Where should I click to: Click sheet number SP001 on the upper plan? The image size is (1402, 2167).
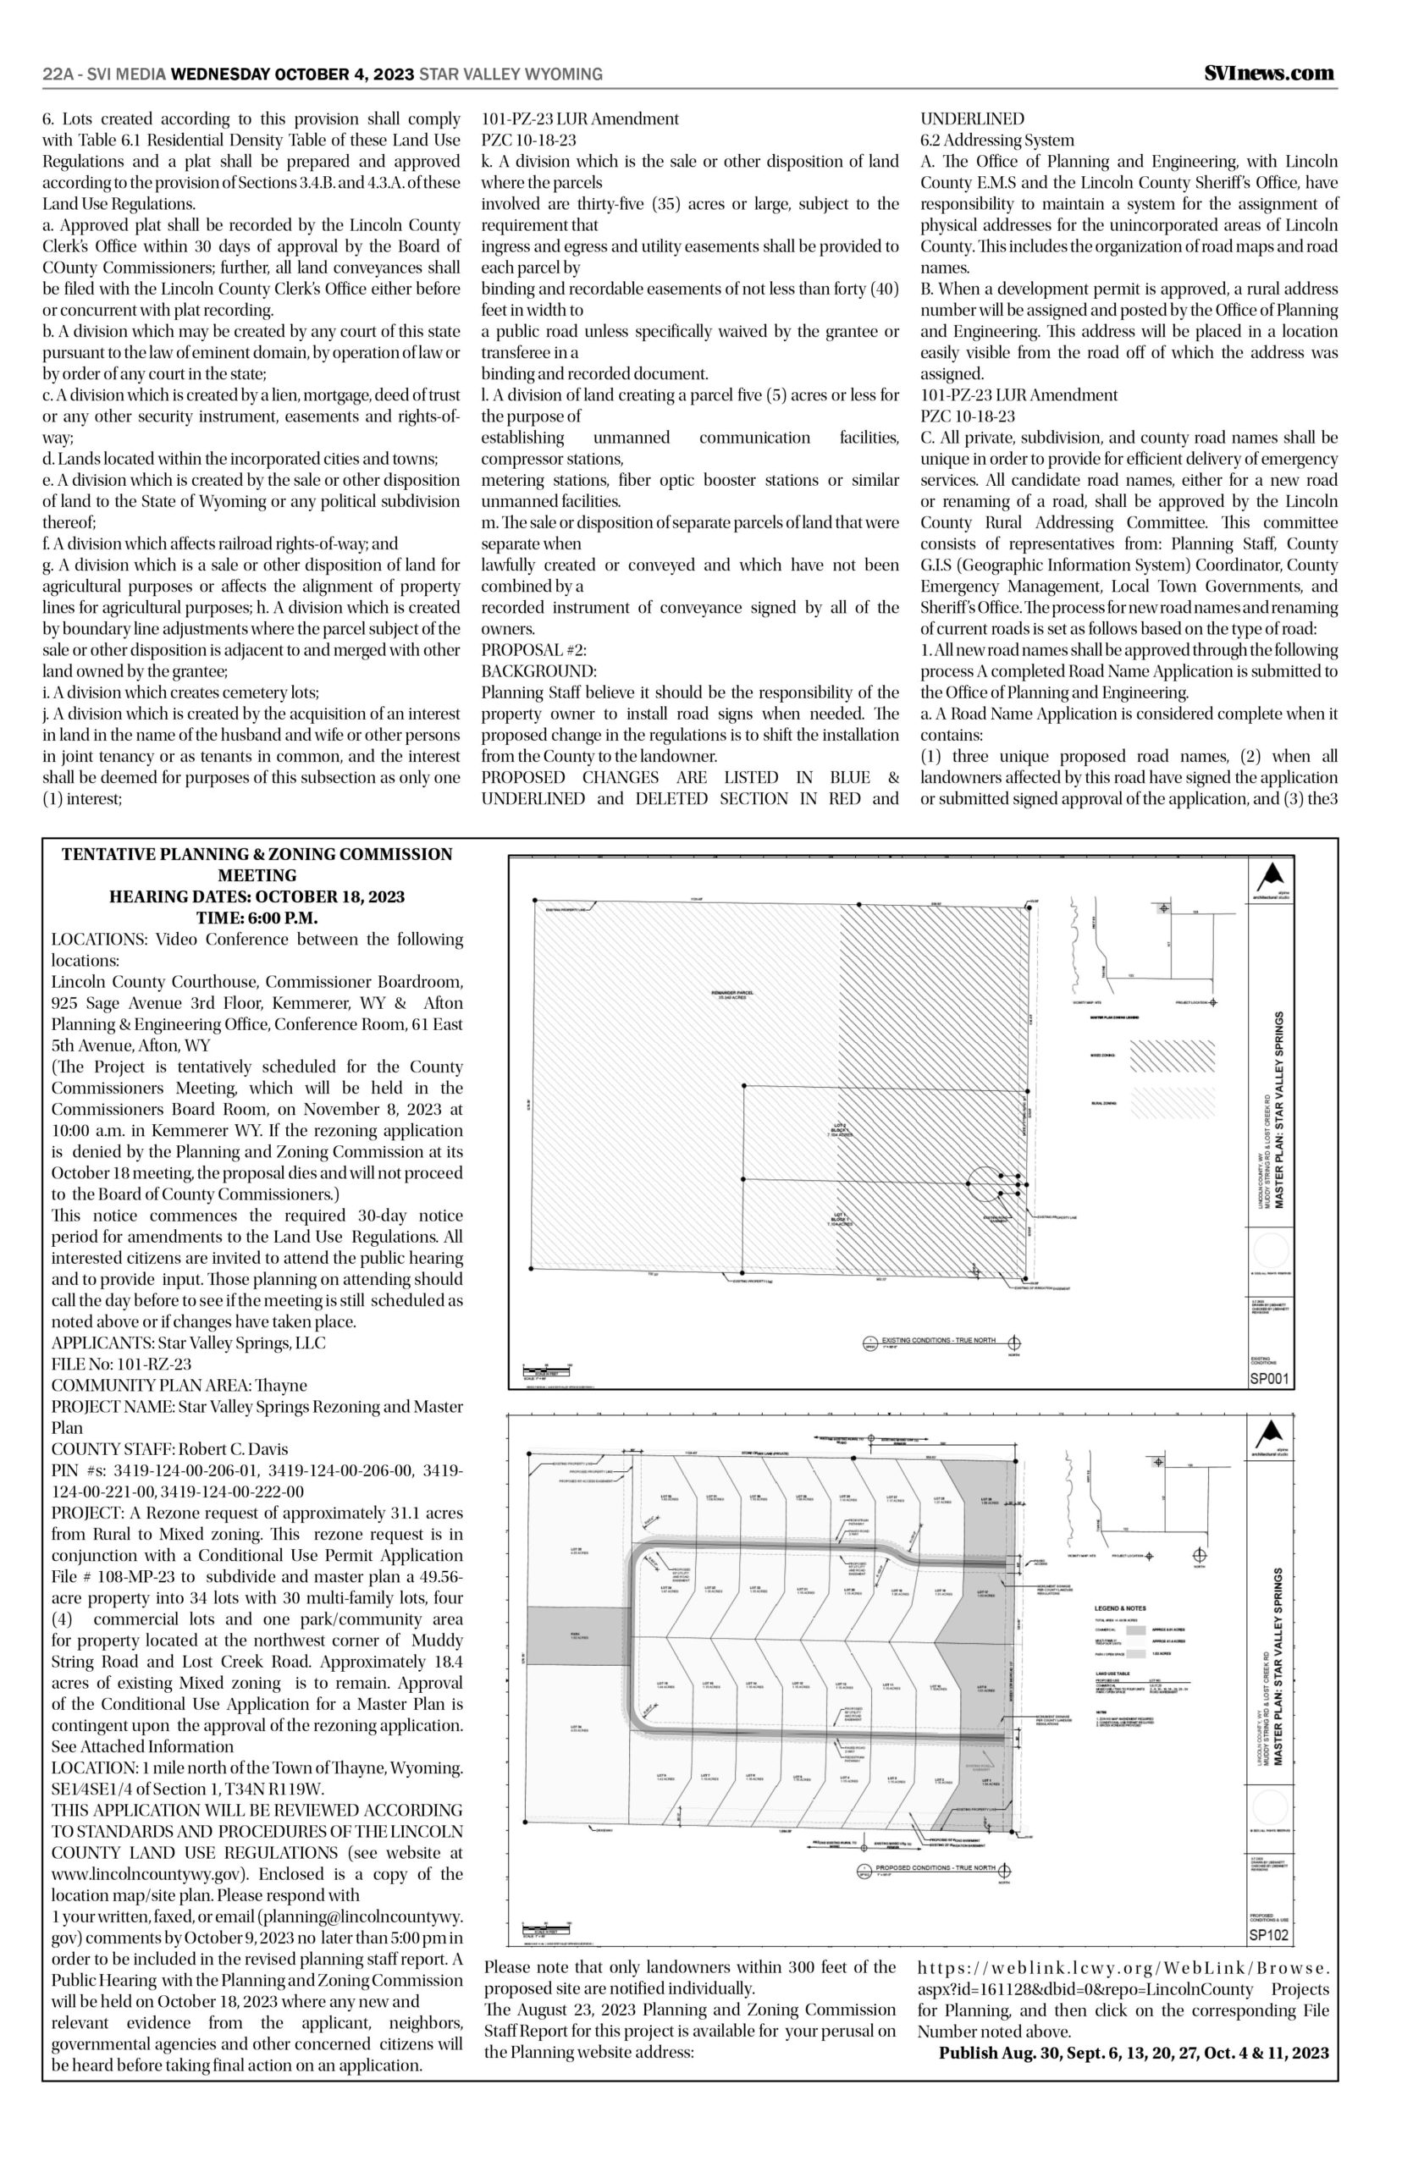click(x=1268, y=1379)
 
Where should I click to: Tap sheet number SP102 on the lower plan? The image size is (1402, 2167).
click(x=1268, y=1935)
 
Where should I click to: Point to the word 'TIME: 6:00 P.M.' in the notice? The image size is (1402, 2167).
click(x=257, y=918)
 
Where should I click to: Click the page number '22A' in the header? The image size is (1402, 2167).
click(x=58, y=74)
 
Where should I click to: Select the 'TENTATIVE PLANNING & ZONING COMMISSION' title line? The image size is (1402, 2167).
click(x=257, y=854)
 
